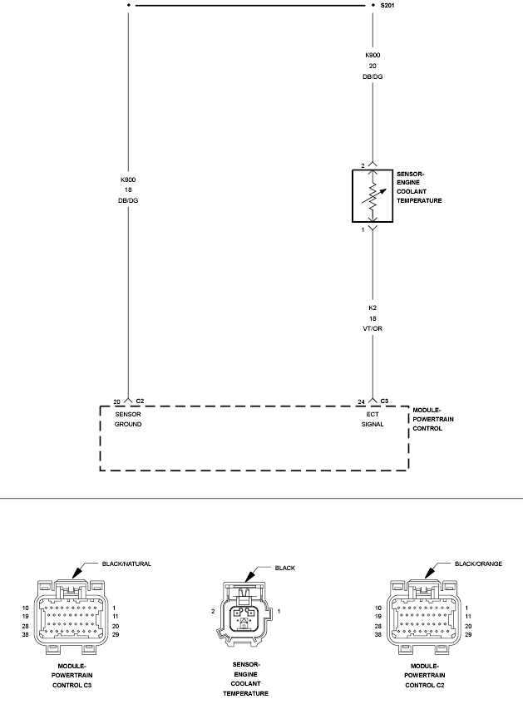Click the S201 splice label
(x=387, y=6)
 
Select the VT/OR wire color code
(x=373, y=328)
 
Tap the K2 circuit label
(x=373, y=308)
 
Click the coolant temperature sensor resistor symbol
(x=373, y=196)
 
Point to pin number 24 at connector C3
(x=361, y=401)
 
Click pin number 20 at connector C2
(x=116, y=401)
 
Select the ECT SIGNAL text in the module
(x=373, y=419)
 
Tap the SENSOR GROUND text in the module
(x=128, y=419)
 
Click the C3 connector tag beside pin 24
(x=384, y=401)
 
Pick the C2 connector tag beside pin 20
(x=140, y=401)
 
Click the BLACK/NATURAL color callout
(x=126, y=564)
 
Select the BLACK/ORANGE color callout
(x=479, y=564)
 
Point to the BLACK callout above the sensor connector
(x=285, y=568)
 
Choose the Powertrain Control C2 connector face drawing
(x=424, y=618)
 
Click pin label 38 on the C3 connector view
(x=25, y=635)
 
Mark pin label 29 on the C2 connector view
(x=468, y=635)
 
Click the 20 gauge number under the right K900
(x=373, y=66)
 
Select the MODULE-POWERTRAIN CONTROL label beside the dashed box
(x=433, y=419)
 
